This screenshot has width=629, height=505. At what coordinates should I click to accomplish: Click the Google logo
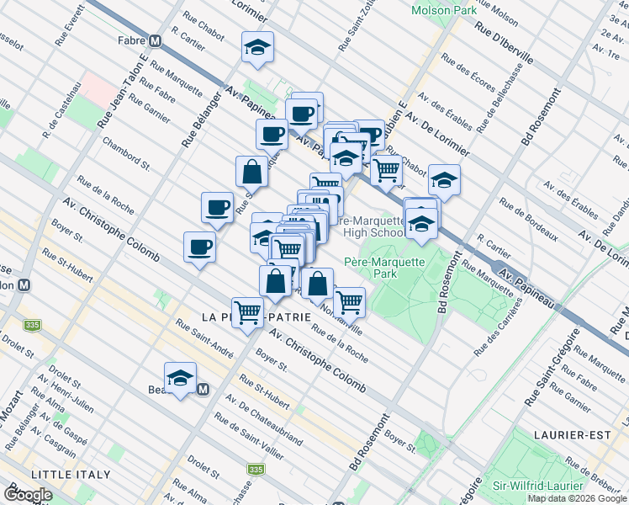click(29, 495)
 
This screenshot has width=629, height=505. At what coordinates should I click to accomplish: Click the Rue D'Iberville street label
click(504, 40)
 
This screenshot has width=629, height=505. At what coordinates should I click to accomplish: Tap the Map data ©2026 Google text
click(577, 498)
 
